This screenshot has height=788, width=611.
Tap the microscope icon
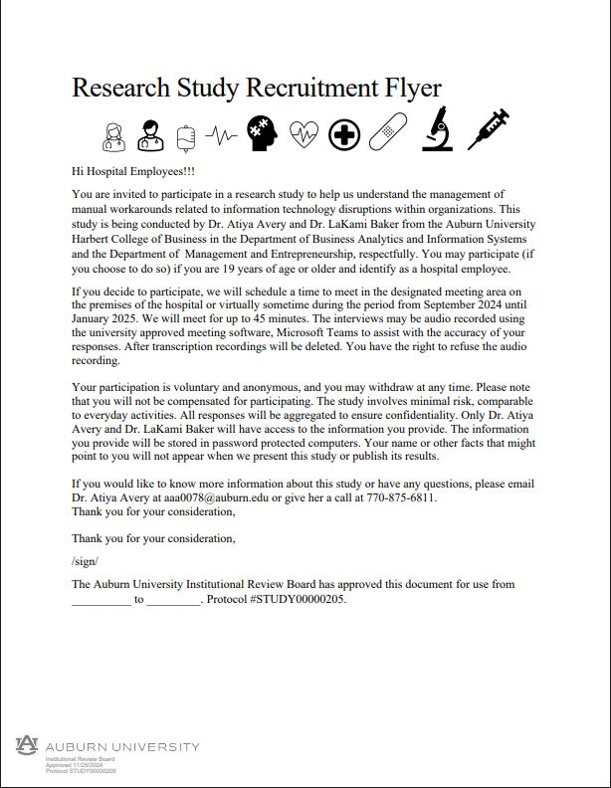tap(437, 129)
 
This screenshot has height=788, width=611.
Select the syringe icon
tap(489, 129)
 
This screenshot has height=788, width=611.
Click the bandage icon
tap(388, 132)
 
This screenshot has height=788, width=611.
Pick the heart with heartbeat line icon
tap(304, 132)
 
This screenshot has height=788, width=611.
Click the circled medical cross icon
tap(344, 133)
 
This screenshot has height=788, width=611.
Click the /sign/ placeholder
tap(85, 561)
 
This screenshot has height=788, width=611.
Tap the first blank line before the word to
tap(101, 600)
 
